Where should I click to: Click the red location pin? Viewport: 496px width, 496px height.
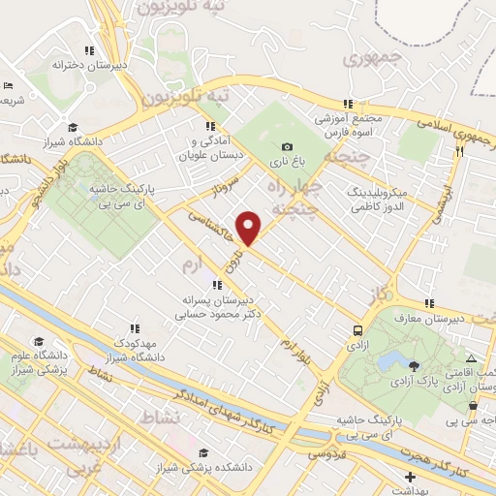(x=250, y=228)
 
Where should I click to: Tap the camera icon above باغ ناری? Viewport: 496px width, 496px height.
(x=287, y=145)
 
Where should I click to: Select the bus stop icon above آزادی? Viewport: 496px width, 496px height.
(x=358, y=330)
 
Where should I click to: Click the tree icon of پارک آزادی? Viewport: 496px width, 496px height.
(x=416, y=366)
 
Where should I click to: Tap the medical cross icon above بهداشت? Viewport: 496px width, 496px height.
(x=412, y=478)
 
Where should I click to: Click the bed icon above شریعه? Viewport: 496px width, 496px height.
(x=7, y=84)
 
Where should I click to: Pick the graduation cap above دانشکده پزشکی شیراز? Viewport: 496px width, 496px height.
(x=202, y=452)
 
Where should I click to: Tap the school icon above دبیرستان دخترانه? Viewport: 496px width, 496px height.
(x=89, y=50)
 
